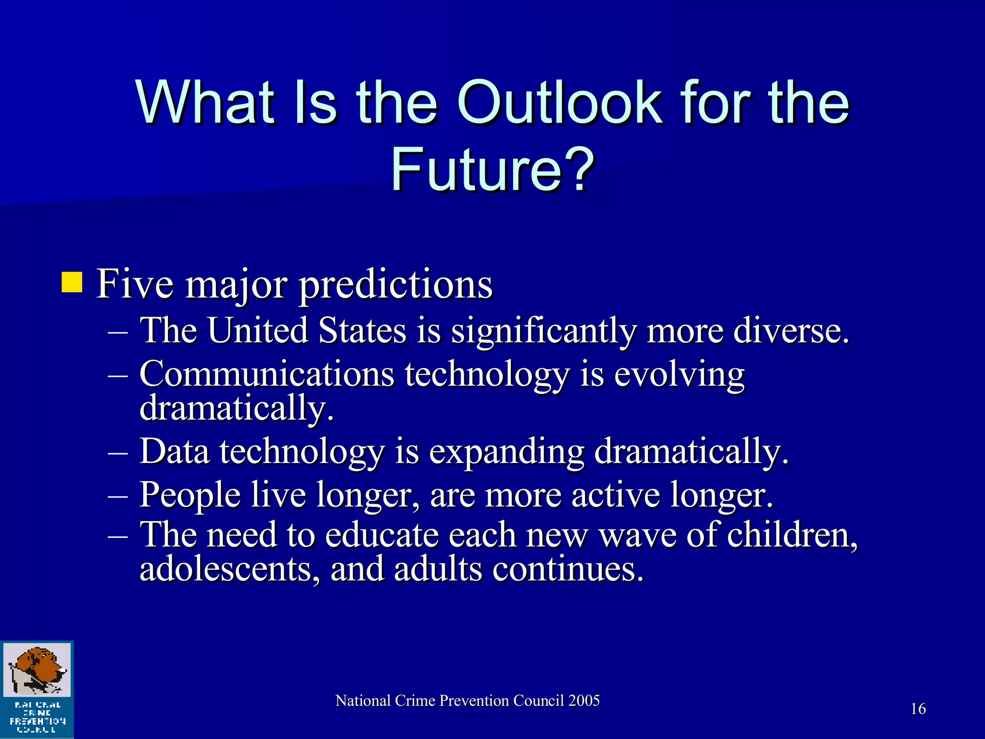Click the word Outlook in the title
(x=558, y=102)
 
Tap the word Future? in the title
(x=492, y=169)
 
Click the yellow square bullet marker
(x=72, y=282)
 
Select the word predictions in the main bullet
(x=396, y=285)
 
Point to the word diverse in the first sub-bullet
(x=791, y=331)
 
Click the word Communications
(x=266, y=374)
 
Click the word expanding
(x=506, y=452)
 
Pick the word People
(x=190, y=495)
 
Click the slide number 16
(x=918, y=709)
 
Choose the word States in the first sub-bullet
(x=362, y=331)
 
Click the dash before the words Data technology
(x=118, y=452)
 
